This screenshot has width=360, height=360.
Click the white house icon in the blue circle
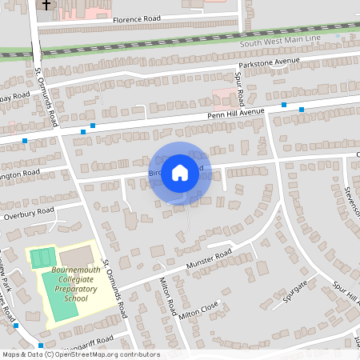(x=180, y=172)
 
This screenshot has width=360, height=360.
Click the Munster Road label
(x=208, y=259)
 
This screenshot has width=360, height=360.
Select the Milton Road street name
(x=167, y=294)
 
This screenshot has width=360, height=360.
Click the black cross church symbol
(x=46, y=5)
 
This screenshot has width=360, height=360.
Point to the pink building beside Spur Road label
(x=224, y=99)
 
